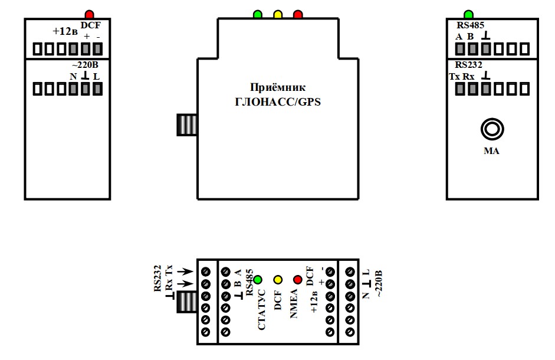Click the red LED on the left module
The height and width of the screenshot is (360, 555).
[89, 14]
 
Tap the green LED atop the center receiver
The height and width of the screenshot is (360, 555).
[258, 14]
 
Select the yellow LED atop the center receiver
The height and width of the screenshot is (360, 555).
[278, 14]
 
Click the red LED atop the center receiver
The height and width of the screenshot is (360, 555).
[298, 14]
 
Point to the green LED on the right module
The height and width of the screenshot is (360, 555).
[468, 14]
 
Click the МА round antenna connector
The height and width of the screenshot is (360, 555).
[491, 129]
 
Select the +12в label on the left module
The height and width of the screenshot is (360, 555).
[65, 31]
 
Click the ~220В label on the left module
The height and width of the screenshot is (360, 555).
[85, 65]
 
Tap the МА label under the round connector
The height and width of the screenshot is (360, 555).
[491, 151]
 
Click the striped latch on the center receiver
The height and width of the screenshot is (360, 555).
[187, 125]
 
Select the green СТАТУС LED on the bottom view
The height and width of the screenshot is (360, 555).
[257, 279]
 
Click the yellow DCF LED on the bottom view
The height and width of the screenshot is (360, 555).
[278, 279]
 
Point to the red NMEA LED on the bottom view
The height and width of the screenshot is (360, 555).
[298, 279]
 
